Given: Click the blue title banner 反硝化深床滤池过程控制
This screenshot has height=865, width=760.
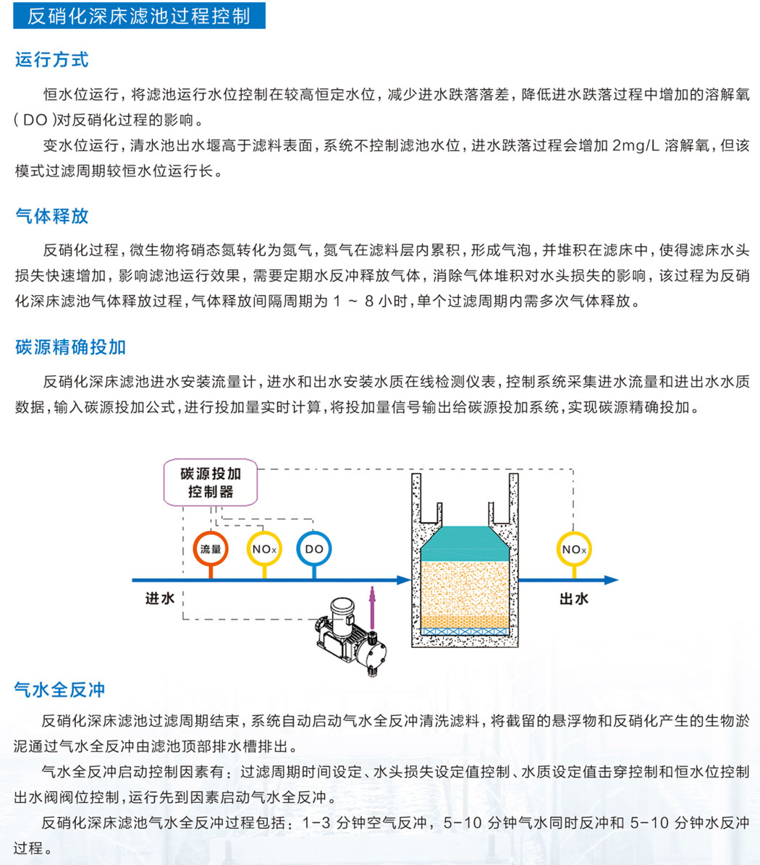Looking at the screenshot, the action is click(x=139, y=15).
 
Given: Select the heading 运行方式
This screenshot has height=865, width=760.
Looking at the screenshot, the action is click(x=52, y=59).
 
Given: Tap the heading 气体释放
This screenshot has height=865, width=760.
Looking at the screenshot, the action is click(x=52, y=216).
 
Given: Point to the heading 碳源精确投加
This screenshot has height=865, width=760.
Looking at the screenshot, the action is click(x=71, y=347).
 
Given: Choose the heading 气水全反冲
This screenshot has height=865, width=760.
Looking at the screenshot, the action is click(x=59, y=689).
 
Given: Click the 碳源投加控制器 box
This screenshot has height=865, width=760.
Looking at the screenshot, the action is click(x=211, y=482).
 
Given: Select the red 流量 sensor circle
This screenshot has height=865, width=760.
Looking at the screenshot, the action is click(x=211, y=549).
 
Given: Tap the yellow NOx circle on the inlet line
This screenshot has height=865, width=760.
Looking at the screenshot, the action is click(x=264, y=549).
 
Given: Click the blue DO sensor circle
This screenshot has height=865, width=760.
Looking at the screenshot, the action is click(x=314, y=549).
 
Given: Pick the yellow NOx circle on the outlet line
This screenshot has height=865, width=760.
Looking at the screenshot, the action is click(x=574, y=549).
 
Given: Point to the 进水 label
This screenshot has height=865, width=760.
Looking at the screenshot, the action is click(x=160, y=599).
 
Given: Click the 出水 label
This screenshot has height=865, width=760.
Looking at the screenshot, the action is click(x=574, y=599).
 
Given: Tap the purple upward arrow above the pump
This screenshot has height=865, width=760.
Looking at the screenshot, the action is click(x=373, y=608).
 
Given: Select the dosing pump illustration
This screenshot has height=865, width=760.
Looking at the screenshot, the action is click(x=350, y=636).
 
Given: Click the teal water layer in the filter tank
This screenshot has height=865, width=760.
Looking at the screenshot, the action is click(x=465, y=544).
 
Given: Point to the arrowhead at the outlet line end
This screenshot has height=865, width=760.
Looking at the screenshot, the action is click(x=611, y=580).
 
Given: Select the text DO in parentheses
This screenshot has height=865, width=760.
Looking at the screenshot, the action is click(x=35, y=120).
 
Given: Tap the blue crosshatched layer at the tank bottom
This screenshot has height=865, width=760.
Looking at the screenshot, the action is click(x=465, y=631).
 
